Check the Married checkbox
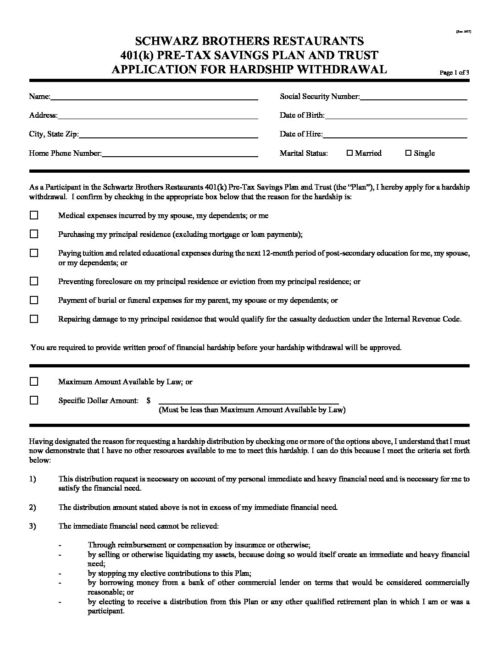(x=349, y=153)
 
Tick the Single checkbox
(x=408, y=153)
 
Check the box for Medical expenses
(x=34, y=215)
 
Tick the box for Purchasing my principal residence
(x=34, y=234)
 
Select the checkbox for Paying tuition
(x=34, y=253)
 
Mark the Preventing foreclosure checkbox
(x=34, y=281)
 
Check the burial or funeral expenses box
(x=34, y=300)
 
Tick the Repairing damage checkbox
(x=34, y=319)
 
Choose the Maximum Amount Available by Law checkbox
(x=34, y=382)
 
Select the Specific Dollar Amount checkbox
(x=34, y=400)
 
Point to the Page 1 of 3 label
(x=454, y=72)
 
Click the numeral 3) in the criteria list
(x=32, y=526)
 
